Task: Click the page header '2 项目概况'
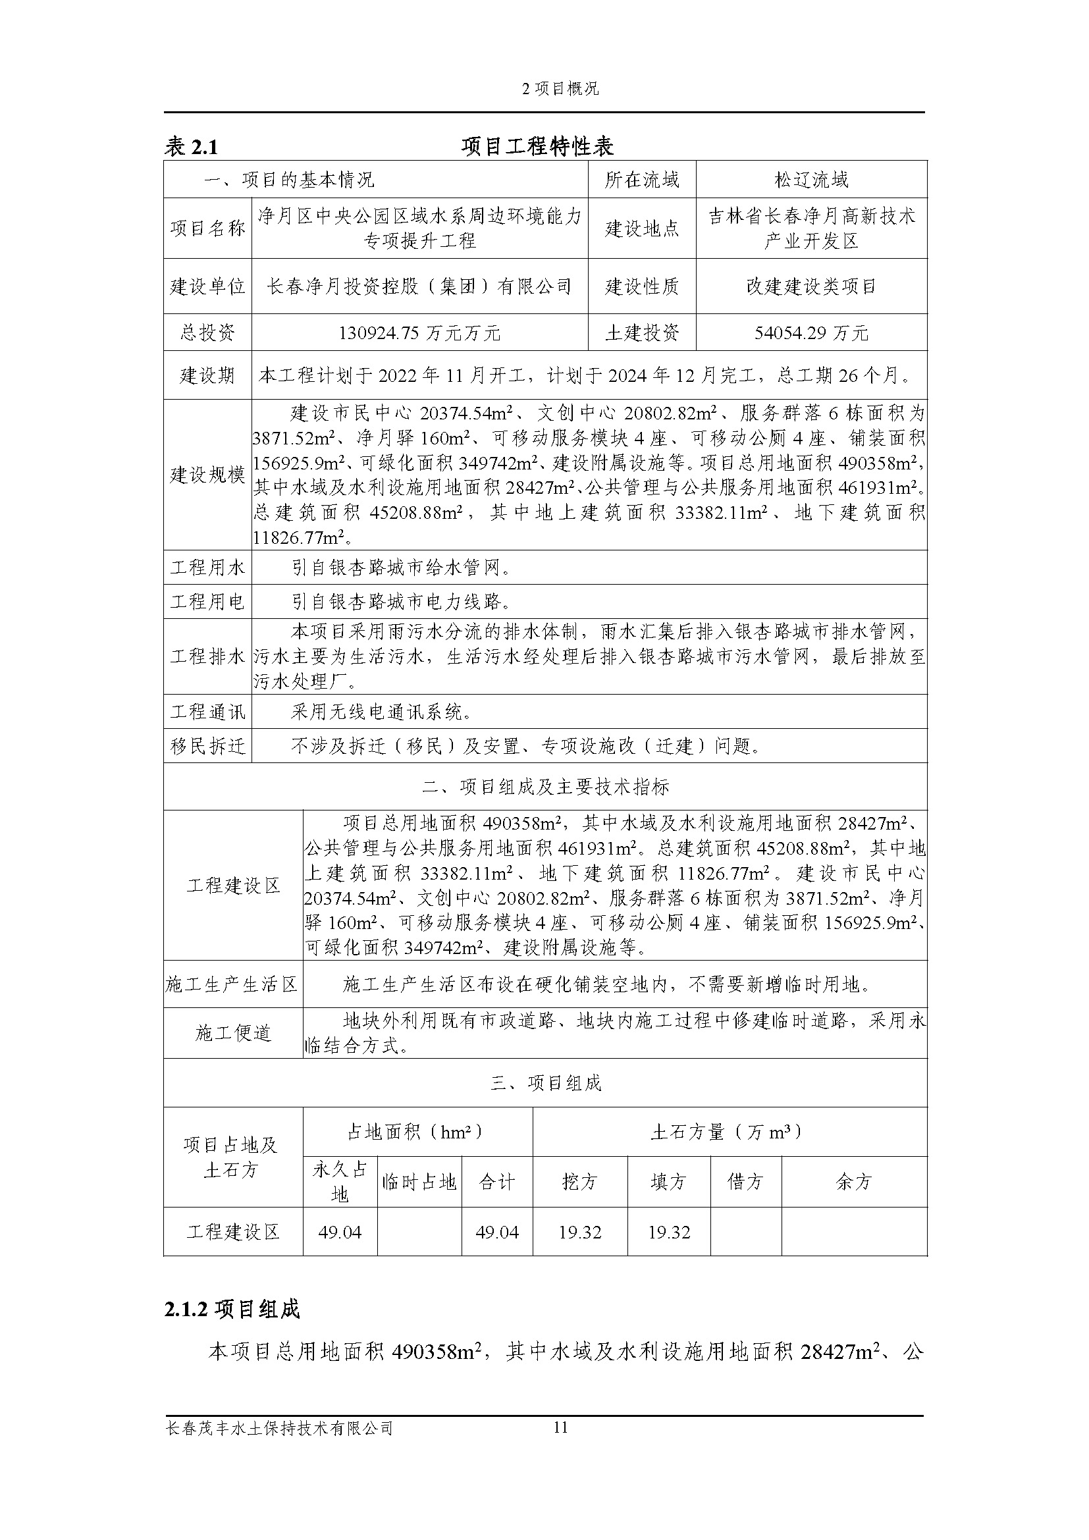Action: point(560,89)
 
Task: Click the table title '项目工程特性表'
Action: point(538,146)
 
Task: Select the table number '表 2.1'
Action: point(191,147)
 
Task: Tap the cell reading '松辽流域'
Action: point(811,180)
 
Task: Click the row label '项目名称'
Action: point(208,228)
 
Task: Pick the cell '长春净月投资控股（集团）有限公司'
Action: point(420,287)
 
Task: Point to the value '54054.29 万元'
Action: point(811,332)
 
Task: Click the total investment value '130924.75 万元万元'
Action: point(420,332)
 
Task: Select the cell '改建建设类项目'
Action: point(811,287)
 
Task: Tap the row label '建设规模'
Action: point(208,475)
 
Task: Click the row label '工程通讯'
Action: point(208,712)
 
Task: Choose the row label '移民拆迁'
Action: point(208,746)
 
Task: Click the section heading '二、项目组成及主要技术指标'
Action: point(545,787)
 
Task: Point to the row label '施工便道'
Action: point(232,1034)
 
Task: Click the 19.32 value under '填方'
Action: point(668,1232)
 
